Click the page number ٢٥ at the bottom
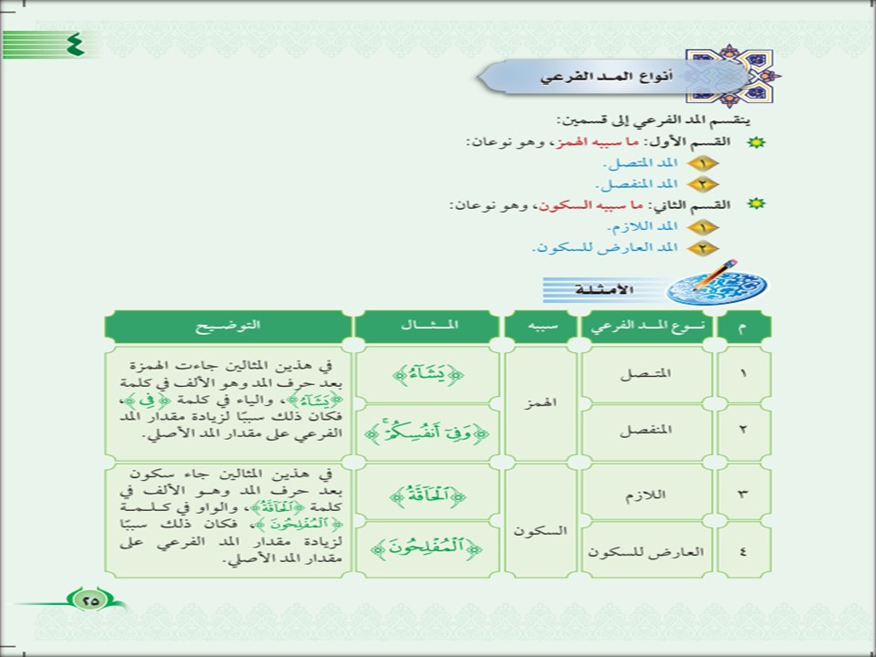(90, 600)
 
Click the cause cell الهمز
(540, 401)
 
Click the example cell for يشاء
(428, 374)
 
